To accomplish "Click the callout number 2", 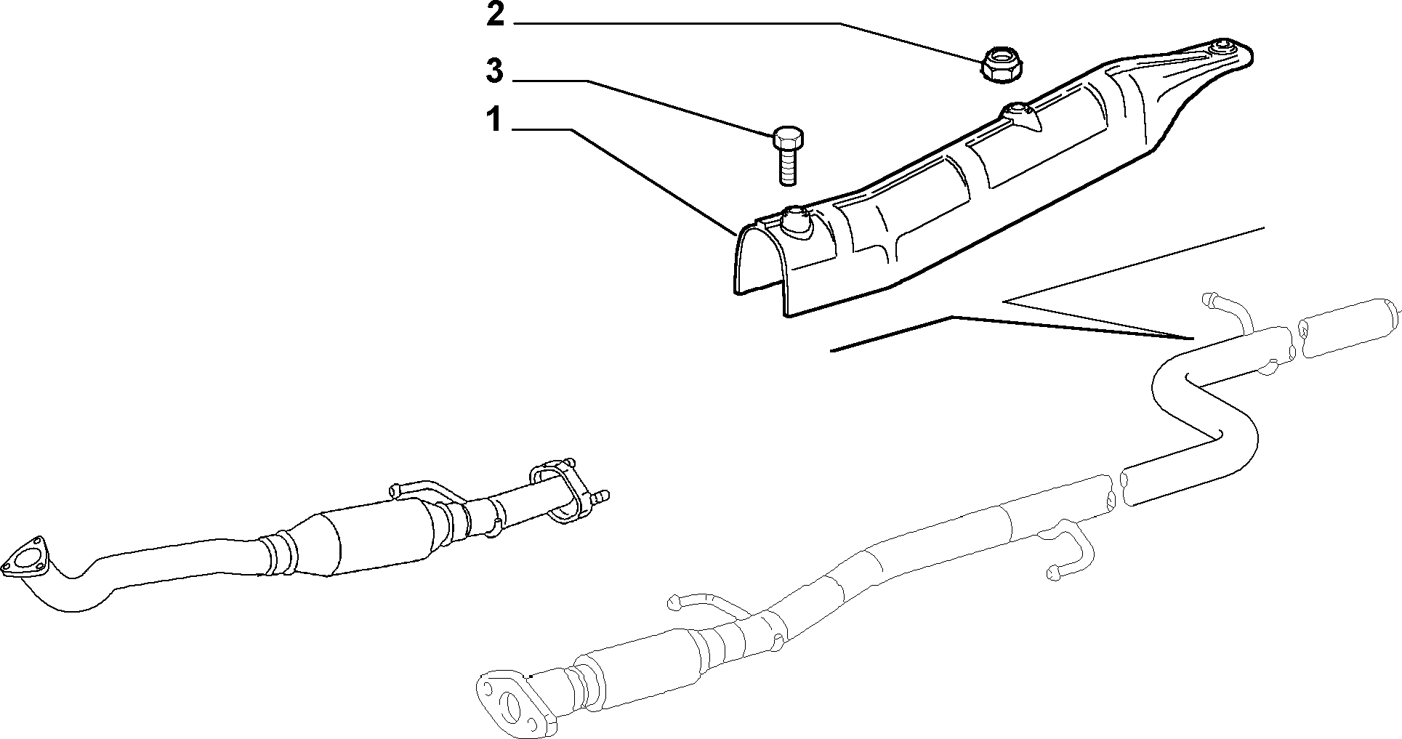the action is click(x=495, y=15).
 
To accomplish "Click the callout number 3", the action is click(x=494, y=71).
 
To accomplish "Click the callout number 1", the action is click(x=494, y=120).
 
